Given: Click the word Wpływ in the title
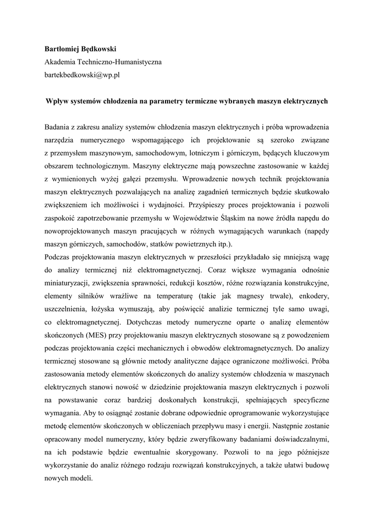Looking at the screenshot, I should [x=57, y=101].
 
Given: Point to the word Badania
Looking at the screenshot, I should [x=58, y=127].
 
